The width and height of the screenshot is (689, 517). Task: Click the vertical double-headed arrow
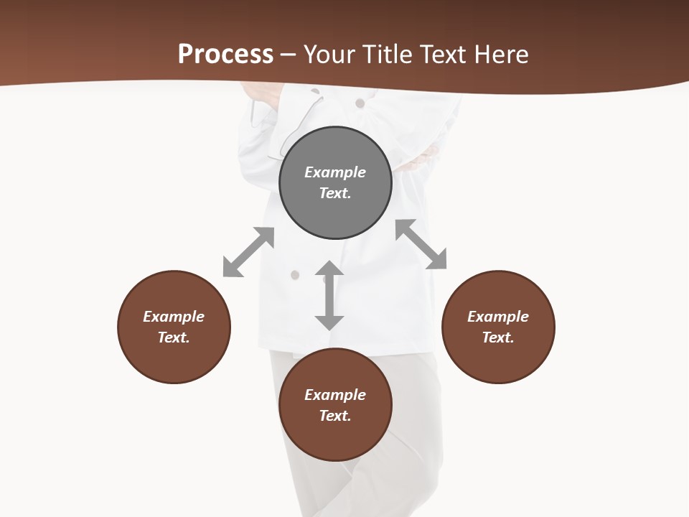(329, 295)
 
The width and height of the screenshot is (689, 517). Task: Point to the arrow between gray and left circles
(248, 252)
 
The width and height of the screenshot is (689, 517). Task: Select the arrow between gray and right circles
(421, 244)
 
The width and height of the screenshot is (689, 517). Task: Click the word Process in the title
(225, 54)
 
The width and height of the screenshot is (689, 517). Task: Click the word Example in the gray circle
(335, 172)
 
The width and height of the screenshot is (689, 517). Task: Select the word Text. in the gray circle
(335, 193)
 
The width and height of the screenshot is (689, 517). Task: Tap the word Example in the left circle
(174, 317)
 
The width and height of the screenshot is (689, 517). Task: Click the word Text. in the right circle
(498, 337)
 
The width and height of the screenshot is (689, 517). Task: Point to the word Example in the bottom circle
(335, 395)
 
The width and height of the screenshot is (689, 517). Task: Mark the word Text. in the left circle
(174, 337)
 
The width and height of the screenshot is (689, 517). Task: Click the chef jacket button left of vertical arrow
(294, 274)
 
